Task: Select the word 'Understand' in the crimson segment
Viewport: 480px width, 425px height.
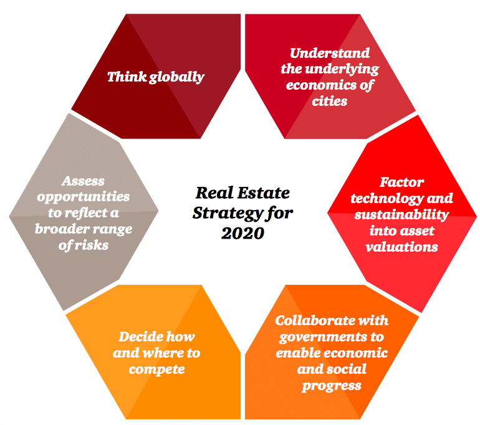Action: pyautogui.click(x=330, y=53)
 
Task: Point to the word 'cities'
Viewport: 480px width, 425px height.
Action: pyautogui.click(x=330, y=100)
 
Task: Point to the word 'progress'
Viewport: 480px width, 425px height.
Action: pyautogui.click(x=332, y=386)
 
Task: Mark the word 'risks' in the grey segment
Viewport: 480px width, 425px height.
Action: pyautogui.click(x=92, y=245)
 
